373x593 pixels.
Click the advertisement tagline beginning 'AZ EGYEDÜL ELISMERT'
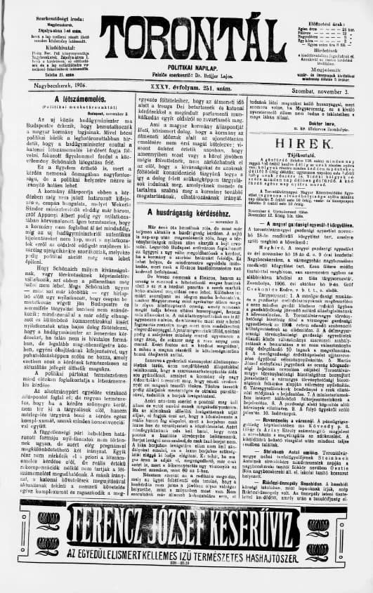(x=186, y=561)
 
